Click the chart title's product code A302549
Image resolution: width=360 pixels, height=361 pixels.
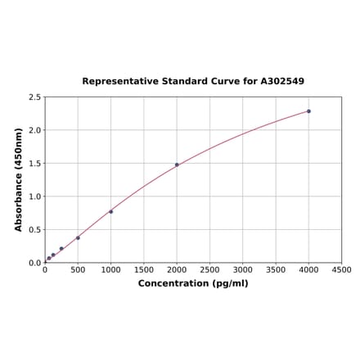coord(282,81)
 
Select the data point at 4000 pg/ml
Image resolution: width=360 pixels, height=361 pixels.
coord(308,111)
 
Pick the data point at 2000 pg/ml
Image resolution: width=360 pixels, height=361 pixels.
coord(177,165)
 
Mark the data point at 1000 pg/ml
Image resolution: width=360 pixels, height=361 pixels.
coord(111,211)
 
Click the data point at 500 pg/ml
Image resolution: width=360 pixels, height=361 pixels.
coord(78,238)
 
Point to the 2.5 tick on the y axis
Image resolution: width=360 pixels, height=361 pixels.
coord(35,97)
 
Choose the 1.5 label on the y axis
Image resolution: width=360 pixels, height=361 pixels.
coord(35,164)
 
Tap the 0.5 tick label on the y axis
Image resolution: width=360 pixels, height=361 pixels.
coord(35,230)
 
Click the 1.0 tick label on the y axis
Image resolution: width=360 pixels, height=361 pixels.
coord(35,196)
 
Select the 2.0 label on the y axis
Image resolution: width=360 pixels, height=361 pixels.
coord(35,130)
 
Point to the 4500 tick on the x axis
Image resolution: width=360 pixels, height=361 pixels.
coord(341,270)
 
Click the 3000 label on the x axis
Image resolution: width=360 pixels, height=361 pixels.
coord(242,270)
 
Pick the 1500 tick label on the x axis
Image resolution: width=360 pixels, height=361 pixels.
coord(144,270)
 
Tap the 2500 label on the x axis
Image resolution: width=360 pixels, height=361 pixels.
coord(209,270)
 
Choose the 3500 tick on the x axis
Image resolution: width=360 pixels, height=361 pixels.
coord(276,270)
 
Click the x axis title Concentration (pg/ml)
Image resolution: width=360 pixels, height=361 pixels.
coord(193,283)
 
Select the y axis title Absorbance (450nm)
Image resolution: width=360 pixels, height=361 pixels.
coord(19,179)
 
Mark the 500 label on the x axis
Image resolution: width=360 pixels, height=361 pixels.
coord(78,270)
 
